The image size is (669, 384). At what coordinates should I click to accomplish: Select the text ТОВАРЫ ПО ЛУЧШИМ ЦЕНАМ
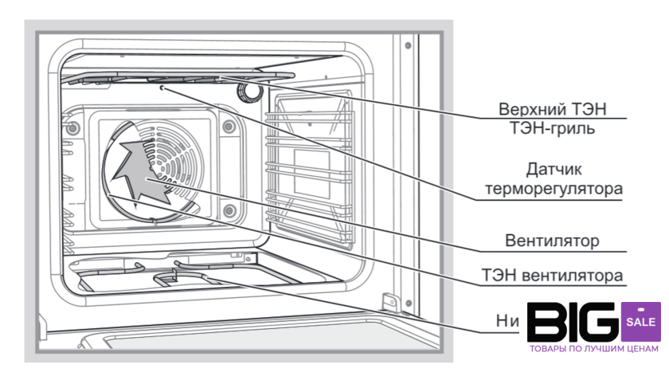pyautogui.click(x=595, y=349)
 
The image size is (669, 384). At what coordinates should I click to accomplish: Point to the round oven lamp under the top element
pyautogui.click(x=251, y=90)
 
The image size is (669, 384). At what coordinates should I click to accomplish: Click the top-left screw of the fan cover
pyautogui.click(x=73, y=128)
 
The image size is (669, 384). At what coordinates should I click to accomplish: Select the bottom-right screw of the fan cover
pyautogui.click(x=229, y=210)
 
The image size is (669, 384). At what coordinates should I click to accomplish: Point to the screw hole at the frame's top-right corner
pyautogui.click(x=407, y=44)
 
